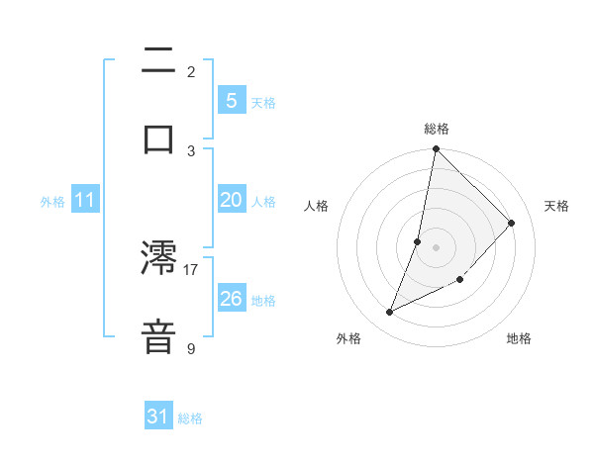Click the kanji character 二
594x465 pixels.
coord(158,62)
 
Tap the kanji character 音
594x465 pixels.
coord(158,334)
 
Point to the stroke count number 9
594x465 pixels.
coord(191,348)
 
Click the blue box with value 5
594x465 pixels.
coord(231,100)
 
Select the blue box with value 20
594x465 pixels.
coord(231,200)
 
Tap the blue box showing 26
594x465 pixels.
coord(231,299)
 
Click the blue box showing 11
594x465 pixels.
coord(85,200)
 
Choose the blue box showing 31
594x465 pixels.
coord(158,418)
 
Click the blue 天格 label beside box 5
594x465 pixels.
coord(263,102)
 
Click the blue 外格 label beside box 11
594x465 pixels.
coord(52,202)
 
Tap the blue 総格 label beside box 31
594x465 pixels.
coord(190,418)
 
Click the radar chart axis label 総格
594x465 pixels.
coord(437,129)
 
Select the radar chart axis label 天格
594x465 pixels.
coord(557,206)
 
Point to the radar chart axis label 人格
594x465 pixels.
coord(316,206)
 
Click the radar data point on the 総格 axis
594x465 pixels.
coord(436,149)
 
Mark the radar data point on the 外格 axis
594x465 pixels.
coord(390,313)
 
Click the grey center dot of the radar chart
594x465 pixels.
coord(436,246)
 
